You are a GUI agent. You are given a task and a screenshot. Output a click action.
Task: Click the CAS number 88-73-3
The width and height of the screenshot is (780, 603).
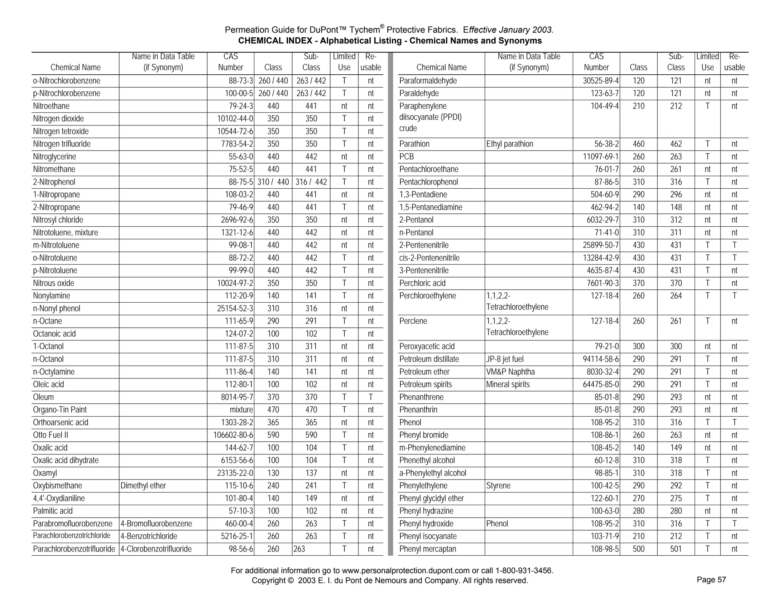(x=241, y=81)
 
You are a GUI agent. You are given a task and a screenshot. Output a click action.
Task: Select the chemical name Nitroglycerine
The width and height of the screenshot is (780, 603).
(x=54, y=157)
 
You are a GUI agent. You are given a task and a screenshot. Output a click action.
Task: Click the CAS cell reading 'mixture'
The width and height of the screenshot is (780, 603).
(x=241, y=410)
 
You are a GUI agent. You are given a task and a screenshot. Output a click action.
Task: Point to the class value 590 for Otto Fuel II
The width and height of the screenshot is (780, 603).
(x=273, y=435)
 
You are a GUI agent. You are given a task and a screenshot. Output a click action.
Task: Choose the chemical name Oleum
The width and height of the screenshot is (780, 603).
(x=43, y=397)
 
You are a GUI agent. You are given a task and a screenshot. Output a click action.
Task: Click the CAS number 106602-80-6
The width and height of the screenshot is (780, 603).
(x=234, y=435)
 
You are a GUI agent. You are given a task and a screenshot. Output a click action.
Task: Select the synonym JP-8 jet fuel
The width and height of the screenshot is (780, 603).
(x=505, y=359)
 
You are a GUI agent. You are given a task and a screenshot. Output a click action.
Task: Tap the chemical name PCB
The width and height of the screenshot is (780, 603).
(x=406, y=157)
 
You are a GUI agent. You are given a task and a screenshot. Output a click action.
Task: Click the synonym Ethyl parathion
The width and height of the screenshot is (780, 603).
(x=510, y=144)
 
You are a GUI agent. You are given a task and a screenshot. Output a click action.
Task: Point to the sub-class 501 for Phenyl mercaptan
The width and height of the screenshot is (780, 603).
(x=676, y=549)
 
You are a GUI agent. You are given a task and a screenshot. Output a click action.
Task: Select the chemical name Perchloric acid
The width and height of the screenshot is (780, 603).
(x=422, y=283)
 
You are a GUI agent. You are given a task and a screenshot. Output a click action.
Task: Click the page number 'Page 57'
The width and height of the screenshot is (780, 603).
(x=711, y=580)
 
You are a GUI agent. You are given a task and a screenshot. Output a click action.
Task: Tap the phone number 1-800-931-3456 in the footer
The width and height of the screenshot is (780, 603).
(x=524, y=571)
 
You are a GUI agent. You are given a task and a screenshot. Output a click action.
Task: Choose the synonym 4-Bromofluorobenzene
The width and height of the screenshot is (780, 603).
(x=156, y=524)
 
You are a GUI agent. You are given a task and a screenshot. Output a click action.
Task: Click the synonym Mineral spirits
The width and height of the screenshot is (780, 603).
(x=508, y=384)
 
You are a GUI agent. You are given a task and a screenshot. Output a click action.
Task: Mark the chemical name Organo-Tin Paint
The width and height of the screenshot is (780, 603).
(x=60, y=410)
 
